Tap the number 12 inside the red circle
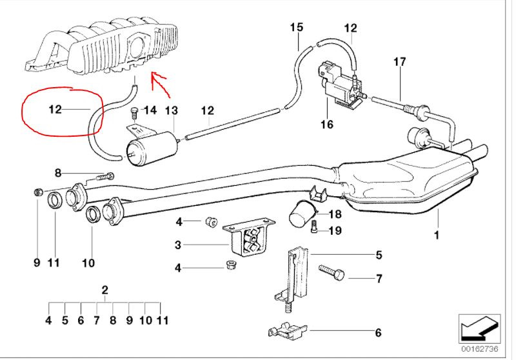pos(55,109)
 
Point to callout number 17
pos(400,63)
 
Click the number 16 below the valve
pos(327,124)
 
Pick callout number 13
pos(171,111)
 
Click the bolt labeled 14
pos(134,114)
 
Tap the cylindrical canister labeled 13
pos(154,148)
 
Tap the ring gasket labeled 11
pos(56,200)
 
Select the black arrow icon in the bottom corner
pos(479,328)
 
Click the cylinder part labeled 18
pos(301,214)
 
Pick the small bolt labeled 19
pos(313,227)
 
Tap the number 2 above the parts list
pos(104,289)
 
